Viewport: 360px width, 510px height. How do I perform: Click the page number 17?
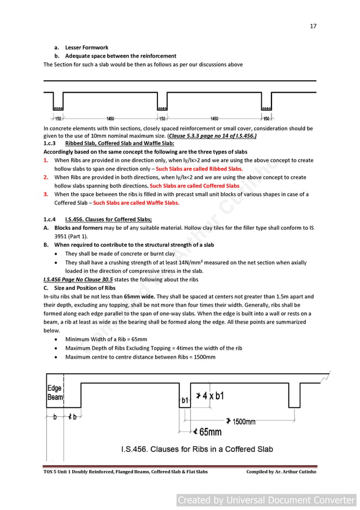(313, 25)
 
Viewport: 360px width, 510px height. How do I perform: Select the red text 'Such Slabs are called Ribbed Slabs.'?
(199, 169)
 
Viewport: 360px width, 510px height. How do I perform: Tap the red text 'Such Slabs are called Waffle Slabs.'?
(136, 203)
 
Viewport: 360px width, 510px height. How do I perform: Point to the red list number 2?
(46, 177)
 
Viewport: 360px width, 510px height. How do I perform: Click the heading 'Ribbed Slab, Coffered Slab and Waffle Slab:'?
(120, 143)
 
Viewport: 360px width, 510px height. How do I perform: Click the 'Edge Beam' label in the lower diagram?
(54, 393)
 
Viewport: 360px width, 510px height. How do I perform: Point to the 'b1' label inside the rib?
(185, 400)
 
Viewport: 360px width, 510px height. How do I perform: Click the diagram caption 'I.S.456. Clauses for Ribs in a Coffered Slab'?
(197, 450)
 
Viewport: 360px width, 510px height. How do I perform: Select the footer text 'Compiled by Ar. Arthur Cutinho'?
(281, 472)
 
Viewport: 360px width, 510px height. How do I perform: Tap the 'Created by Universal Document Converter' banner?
(266, 500)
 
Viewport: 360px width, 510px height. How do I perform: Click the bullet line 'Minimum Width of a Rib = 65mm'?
(106, 339)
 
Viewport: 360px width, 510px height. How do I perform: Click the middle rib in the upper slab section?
(162, 103)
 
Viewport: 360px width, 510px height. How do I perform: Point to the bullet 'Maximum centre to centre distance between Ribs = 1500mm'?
(140, 357)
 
